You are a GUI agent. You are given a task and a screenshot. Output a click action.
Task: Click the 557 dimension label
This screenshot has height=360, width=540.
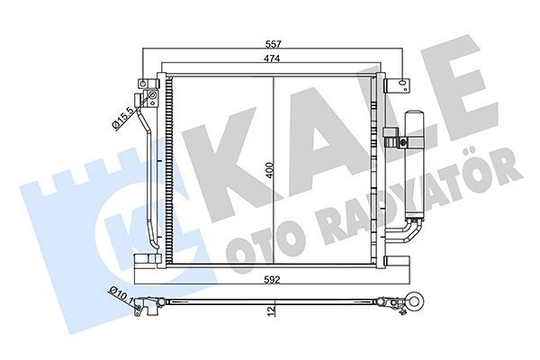pos(273,44)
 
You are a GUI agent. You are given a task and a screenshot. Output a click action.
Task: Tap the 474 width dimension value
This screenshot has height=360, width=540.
pos(272,58)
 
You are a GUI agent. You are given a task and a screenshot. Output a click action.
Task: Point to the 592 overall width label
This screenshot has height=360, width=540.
pos(273,279)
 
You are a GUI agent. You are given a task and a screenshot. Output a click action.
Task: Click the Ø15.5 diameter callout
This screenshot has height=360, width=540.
pos(122,118)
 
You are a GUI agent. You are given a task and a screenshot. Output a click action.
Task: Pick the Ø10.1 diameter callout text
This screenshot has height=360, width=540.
pos(122,295)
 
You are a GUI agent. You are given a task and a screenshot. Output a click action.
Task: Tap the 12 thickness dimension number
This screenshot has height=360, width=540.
pos(272,310)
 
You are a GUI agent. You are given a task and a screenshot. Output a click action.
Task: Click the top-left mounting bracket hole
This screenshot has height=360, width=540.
pos(142,83)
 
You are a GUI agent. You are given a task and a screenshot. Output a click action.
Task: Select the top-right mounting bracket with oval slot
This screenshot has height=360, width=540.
pos(398,85)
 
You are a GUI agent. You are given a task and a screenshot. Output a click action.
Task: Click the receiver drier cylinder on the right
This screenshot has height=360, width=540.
pos(415,164)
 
